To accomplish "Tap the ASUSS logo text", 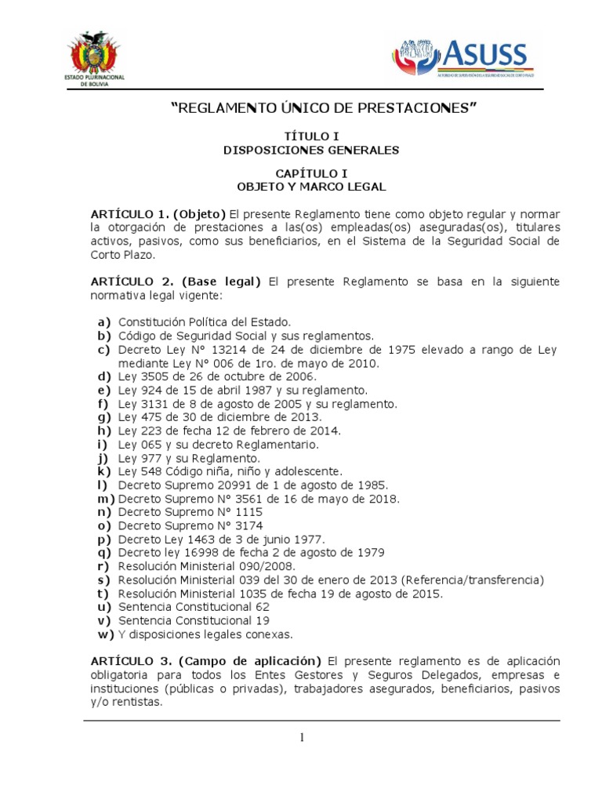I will coord(487,54).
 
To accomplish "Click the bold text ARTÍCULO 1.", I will coord(129,214).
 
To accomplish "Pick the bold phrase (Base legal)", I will coord(223,281).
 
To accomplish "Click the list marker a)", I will coord(104,322).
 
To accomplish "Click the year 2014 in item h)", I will coord(324,431).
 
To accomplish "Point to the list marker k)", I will coord(104,471).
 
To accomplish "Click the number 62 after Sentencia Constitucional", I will coord(262,607).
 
